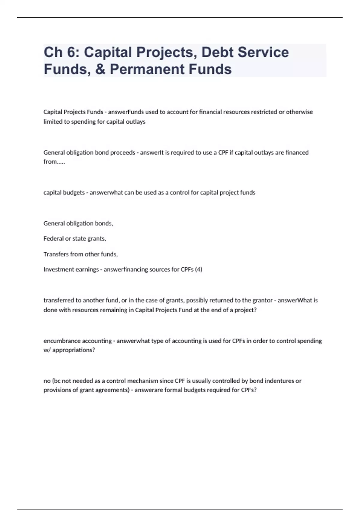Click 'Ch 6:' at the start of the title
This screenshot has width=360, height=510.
(61, 52)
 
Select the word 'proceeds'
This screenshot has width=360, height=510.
(123, 152)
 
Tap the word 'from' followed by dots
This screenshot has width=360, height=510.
(54, 162)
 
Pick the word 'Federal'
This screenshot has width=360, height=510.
(53, 238)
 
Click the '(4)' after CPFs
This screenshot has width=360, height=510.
(199, 269)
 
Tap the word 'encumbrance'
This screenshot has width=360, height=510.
(62, 341)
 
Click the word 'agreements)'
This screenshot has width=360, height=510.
(113, 390)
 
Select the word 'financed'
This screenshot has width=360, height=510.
(297, 152)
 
